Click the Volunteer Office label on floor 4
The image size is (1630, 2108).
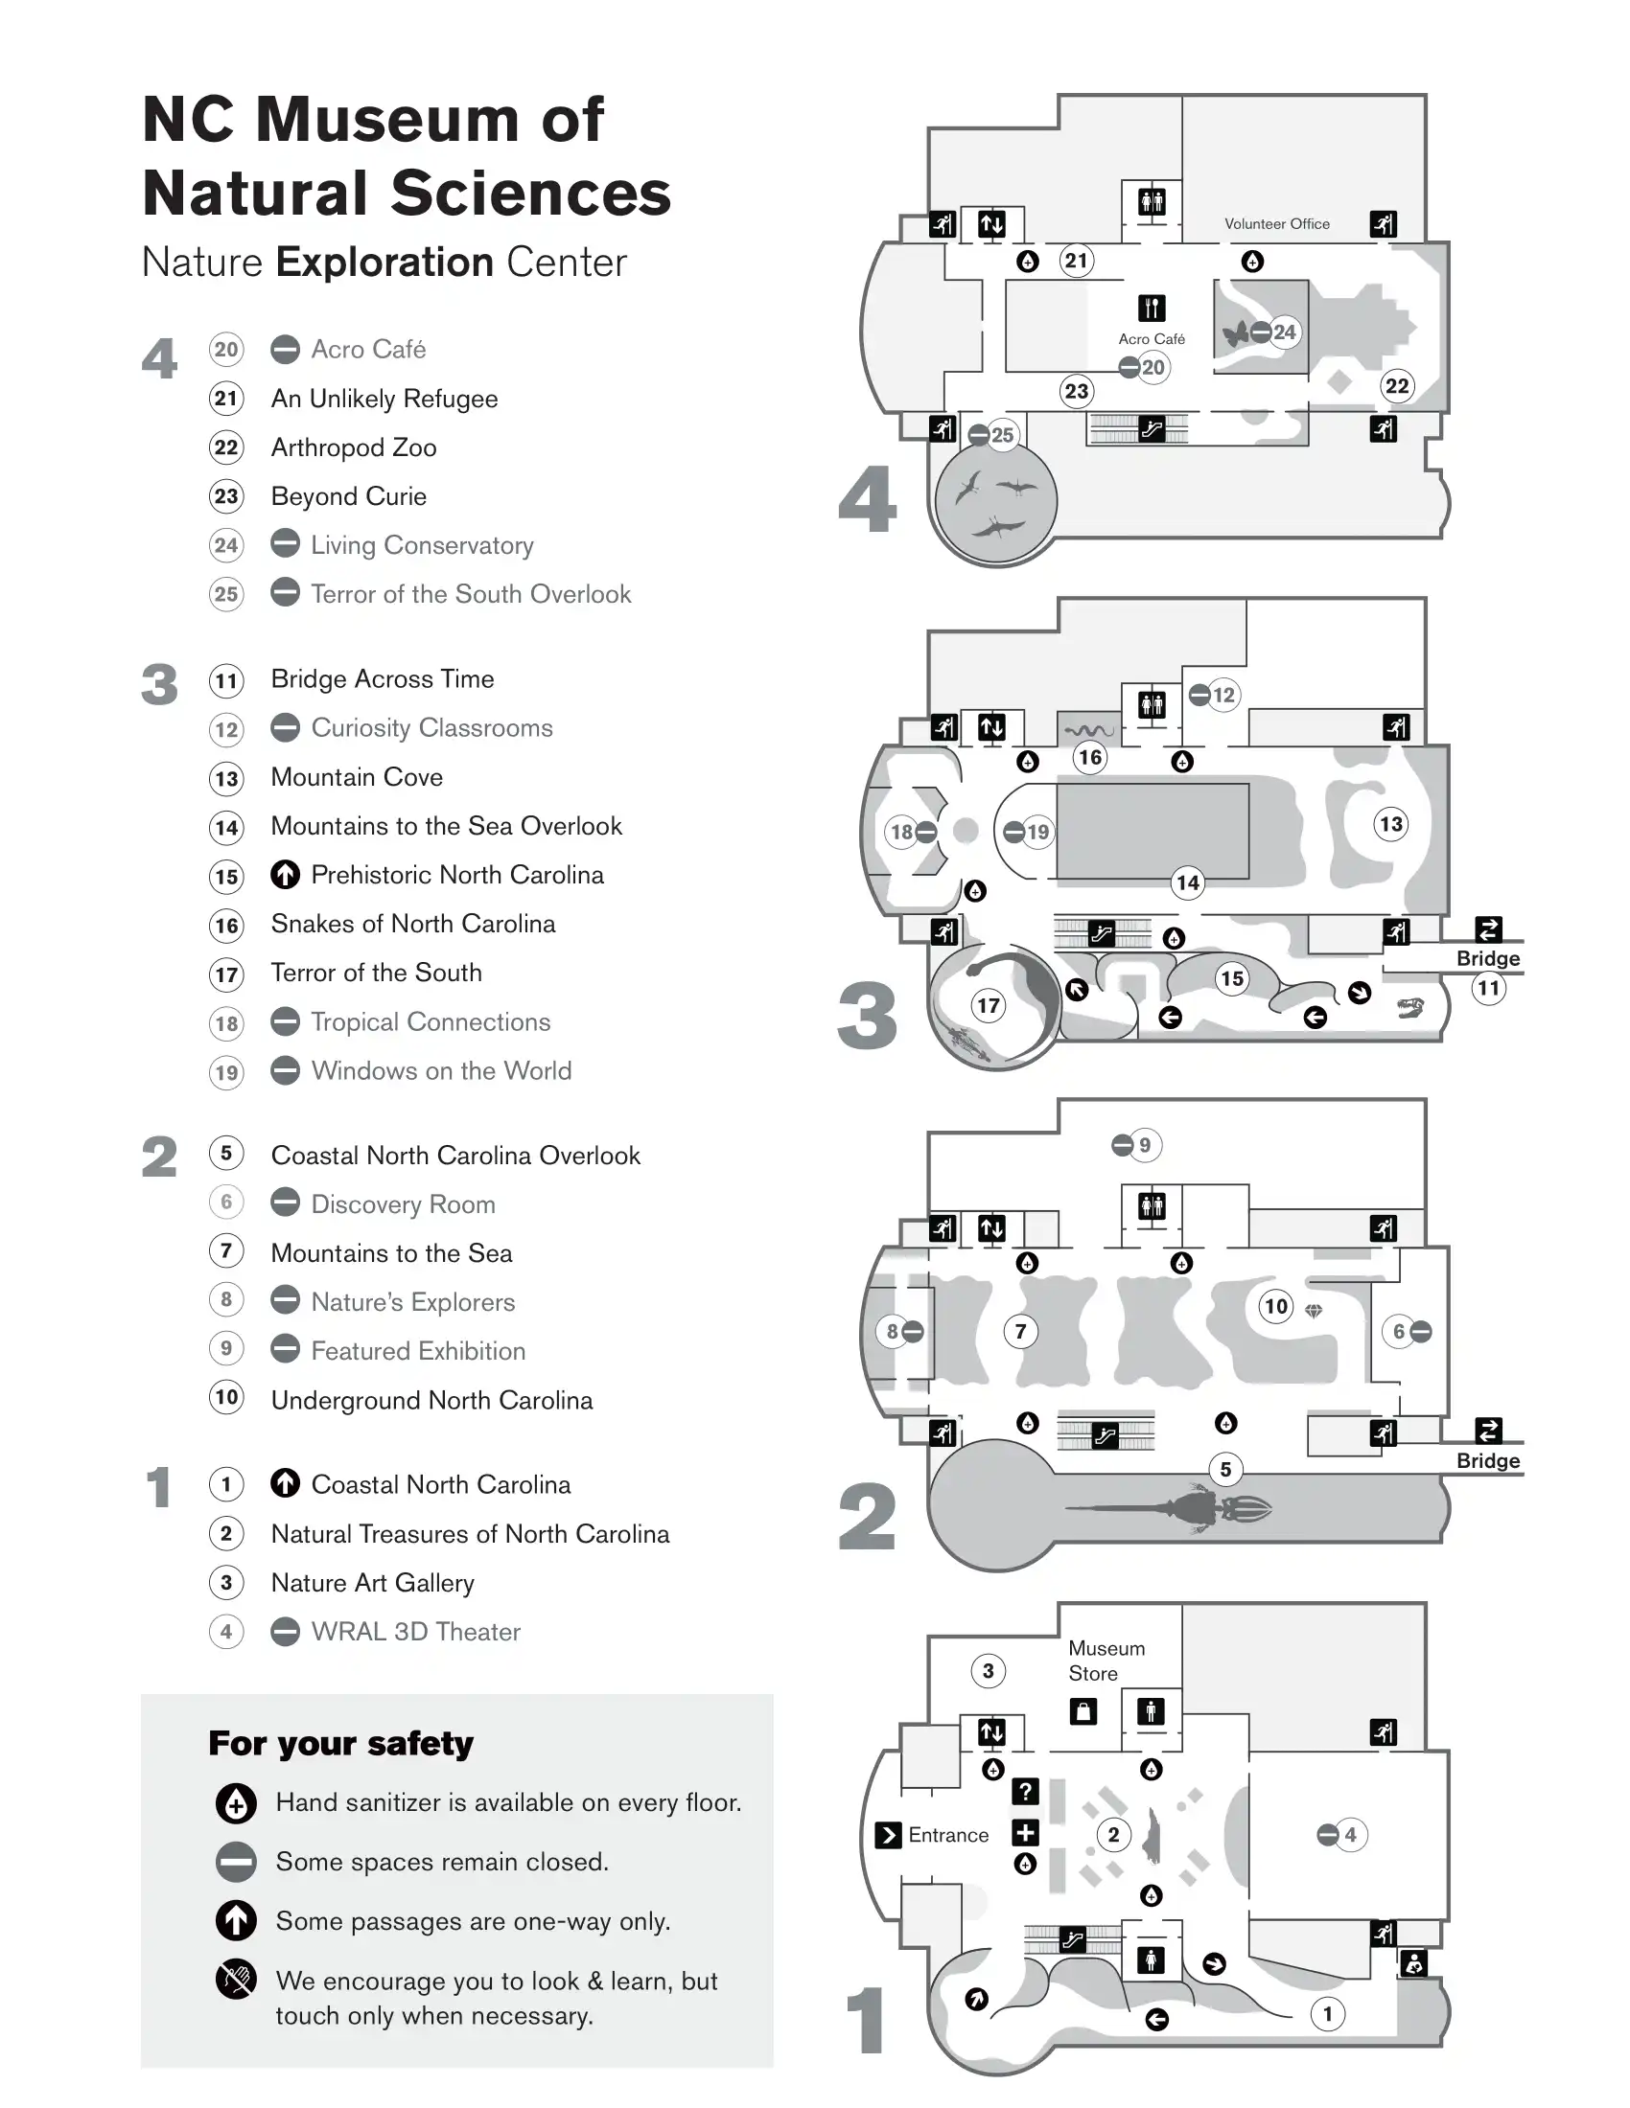[1276, 224]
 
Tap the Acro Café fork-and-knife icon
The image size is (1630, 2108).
[1151, 308]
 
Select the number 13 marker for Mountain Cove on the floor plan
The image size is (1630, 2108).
[1390, 824]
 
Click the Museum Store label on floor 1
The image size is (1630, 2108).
[1106, 1661]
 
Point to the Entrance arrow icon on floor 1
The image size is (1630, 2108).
[888, 1835]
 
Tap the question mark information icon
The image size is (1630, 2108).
[1025, 1792]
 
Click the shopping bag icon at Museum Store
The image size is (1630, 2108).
[1083, 1712]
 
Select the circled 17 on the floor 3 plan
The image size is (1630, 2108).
[988, 1006]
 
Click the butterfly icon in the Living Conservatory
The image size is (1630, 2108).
[1235, 334]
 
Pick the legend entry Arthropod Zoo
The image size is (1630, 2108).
[354, 447]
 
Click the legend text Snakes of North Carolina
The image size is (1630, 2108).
[412, 924]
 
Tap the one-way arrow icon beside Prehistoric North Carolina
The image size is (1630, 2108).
[285, 875]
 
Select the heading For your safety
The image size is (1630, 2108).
[341, 1743]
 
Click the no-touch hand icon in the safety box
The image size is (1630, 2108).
[236, 1980]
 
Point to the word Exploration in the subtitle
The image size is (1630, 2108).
[384, 263]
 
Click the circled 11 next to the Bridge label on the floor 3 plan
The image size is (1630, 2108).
[1488, 987]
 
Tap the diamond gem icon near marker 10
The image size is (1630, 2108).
[1314, 1311]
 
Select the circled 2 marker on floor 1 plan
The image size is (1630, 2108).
[1113, 1835]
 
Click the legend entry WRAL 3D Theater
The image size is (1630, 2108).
[415, 1632]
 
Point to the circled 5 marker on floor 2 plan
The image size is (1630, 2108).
[1225, 1469]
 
